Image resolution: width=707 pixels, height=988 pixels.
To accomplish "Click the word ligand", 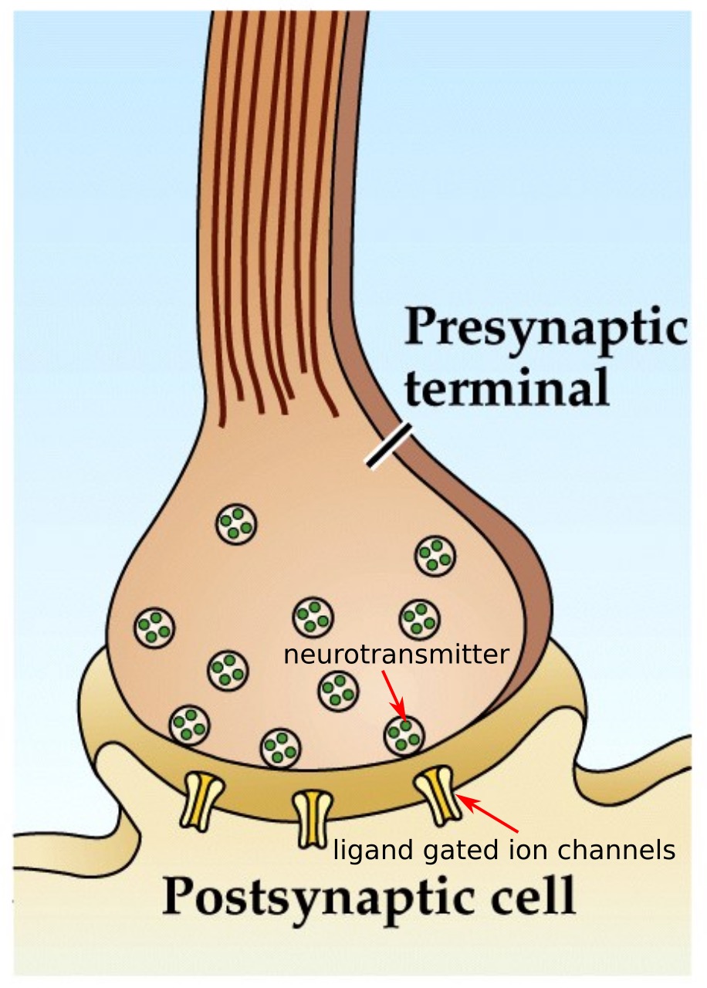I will (x=367, y=851).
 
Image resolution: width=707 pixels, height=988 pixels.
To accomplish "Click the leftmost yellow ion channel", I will (x=202, y=800).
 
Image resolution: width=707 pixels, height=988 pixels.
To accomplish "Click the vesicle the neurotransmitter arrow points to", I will (x=404, y=734).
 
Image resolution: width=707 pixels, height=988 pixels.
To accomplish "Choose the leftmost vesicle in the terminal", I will (x=154, y=627).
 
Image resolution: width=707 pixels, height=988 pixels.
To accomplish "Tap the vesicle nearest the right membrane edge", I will (x=435, y=555).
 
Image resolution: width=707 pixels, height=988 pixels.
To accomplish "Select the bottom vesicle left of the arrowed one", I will (x=281, y=747).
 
